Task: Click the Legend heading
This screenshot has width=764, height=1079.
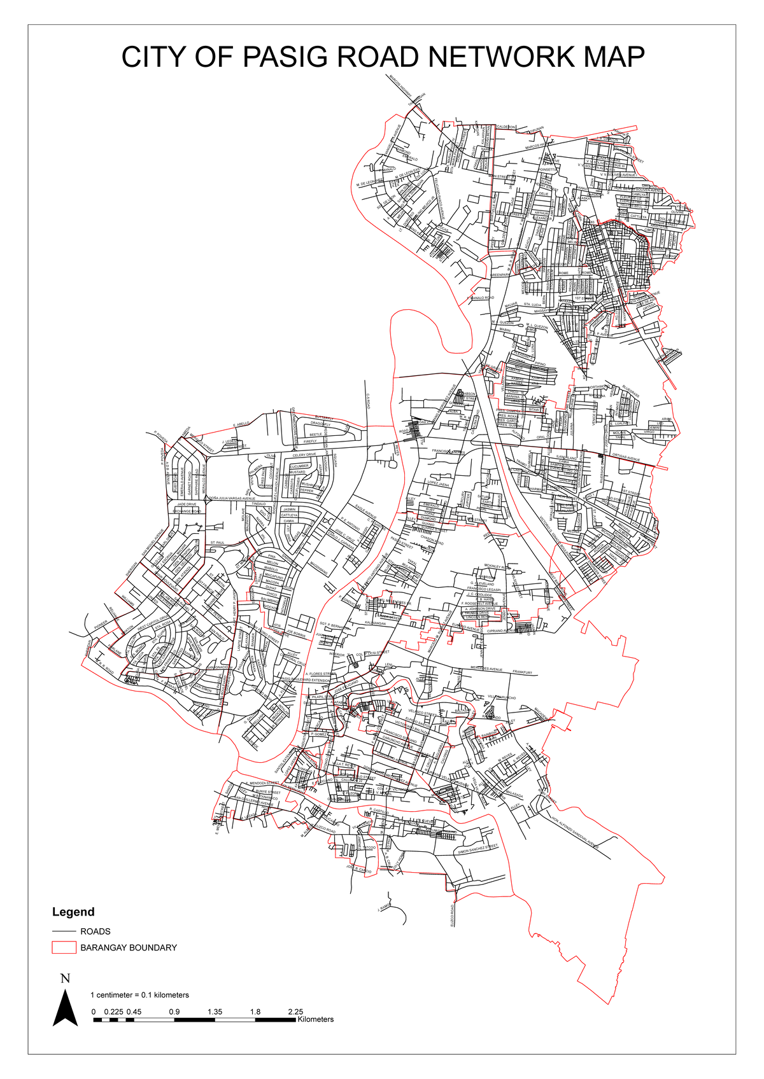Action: tap(73, 912)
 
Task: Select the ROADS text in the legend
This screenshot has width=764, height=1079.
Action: tap(95, 931)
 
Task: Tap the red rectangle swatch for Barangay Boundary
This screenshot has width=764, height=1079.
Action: tap(64, 947)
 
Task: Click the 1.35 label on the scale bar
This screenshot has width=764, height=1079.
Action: tap(215, 1012)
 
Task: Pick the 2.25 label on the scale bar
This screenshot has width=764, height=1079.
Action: tap(295, 1012)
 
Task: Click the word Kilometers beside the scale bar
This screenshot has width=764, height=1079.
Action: tap(315, 1019)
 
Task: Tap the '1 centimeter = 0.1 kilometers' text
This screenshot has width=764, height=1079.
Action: tap(139, 994)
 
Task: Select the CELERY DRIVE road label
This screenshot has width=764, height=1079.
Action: tap(304, 455)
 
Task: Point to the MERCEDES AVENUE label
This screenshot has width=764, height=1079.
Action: tap(486, 669)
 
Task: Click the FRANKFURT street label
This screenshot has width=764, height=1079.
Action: tap(521, 672)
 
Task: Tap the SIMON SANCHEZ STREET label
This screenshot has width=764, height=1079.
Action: tap(478, 849)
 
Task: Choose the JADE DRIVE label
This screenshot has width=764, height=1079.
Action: tap(187, 504)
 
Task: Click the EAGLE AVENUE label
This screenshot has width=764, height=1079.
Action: tap(365, 512)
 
